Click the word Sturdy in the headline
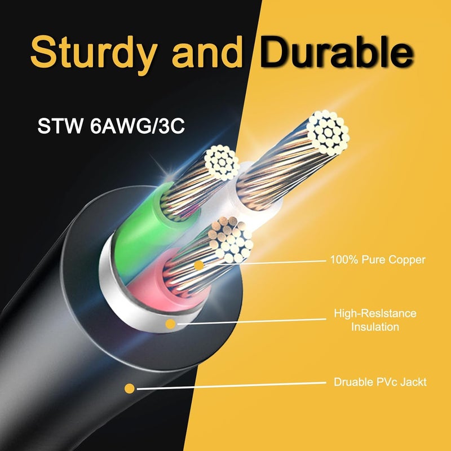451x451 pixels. [x=94, y=54]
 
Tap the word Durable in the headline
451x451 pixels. [x=337, y=52]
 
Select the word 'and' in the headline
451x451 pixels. [x=207, y=52]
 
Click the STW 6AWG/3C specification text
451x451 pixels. [x=111, y=126]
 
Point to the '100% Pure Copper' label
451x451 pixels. [x=378, y=259]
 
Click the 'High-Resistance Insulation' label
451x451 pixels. [x=375, y=320]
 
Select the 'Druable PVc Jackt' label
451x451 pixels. [x=380, y=382]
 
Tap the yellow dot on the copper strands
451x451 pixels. [x=199, y=266]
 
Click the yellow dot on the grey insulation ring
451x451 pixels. [x=171, y=324]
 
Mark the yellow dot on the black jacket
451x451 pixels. [x=130, y=388]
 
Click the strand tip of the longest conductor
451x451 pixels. [x=328, y=133]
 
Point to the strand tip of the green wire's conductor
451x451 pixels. [x=222, y=162]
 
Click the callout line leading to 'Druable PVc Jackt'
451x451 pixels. [x=232, y=386]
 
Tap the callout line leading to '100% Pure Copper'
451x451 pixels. [x=284, y=262]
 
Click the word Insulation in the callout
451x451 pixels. [x=375, y=327]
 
